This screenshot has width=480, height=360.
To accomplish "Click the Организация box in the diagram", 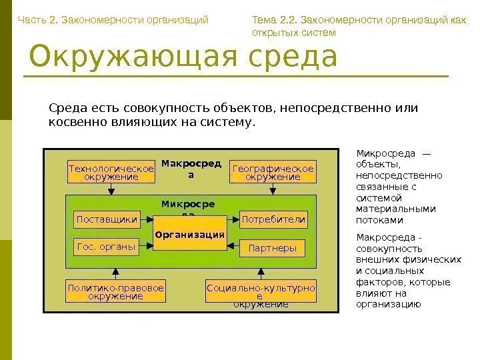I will pos(189,233).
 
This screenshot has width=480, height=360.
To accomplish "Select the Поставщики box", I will pos(107,219).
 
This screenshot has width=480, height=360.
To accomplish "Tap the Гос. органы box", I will pos(107,247).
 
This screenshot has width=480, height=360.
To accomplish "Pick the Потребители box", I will pos(273,219).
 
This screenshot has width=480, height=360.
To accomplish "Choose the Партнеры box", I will pos(272,248).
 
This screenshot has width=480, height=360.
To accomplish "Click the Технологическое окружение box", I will pos(111,172).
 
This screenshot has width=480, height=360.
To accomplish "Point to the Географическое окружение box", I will pos(273,172).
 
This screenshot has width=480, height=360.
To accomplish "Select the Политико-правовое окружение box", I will pos(115,291).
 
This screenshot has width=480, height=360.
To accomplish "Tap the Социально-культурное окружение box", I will pos(261,292).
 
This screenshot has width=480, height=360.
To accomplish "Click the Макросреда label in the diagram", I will pos(191,169).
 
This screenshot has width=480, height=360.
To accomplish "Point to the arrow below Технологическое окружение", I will pos(111,189).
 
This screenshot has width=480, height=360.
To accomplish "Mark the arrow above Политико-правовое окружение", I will pos(116,272).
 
